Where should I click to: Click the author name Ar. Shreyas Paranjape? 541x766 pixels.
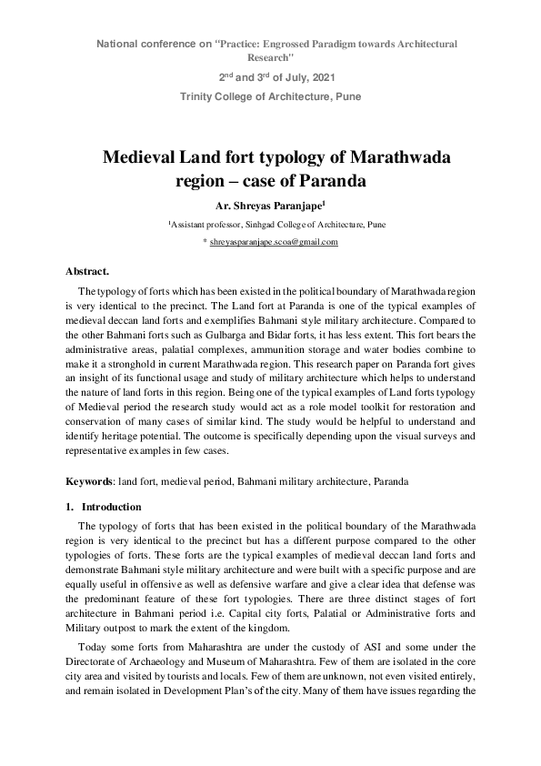click(x=269, y=206)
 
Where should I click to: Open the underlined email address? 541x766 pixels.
click(x=274, y=242)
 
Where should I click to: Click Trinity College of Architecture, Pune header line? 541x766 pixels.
click(x=270, y=96)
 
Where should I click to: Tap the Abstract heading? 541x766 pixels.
click(x=87, y=271)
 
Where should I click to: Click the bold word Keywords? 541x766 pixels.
click(x=88, y=479)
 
